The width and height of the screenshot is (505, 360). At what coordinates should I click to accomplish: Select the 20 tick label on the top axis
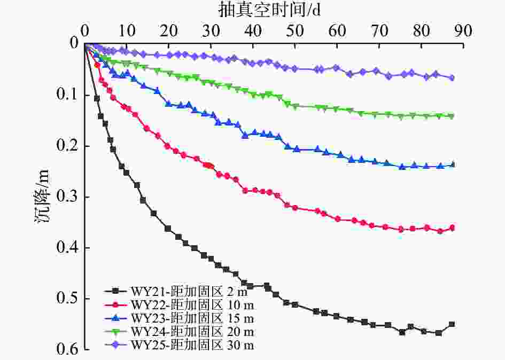pyautogui.click(x=169, y=30)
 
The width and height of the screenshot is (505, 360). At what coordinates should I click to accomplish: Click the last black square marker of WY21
pyautogui.click(x=452, y=324)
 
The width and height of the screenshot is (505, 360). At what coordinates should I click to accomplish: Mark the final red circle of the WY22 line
pyautogui.click(x=452, y=228)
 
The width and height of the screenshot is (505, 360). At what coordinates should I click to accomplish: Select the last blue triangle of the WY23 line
pyautogui.click(x=452, y=165)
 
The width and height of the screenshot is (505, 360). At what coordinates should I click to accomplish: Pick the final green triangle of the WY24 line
pyautogui.click(x=452, y=116)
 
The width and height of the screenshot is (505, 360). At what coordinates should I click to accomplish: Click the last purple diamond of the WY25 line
pyautogui.click(x=452, y=77)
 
